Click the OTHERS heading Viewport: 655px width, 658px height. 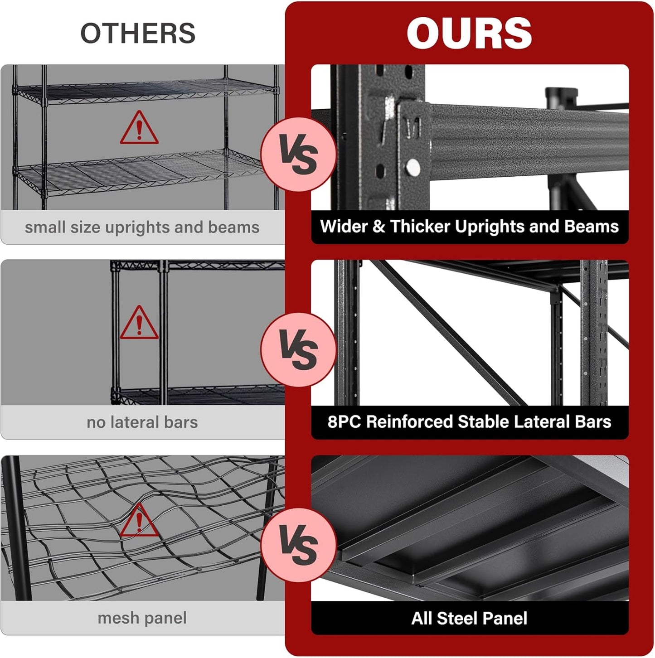coord(138,33)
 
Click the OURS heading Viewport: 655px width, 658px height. coord(469,33)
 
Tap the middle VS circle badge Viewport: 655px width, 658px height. coord(298,349)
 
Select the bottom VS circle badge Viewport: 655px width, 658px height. coord(298,545)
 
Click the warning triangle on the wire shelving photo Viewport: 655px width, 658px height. coord(139,129)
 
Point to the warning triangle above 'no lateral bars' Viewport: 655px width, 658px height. coord(139,324)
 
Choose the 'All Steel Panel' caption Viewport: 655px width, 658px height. coord(469,618)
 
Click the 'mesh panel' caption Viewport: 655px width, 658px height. coord(142,618)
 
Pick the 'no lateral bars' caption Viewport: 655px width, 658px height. coord(142,422)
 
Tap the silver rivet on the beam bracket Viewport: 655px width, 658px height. coord(413,167)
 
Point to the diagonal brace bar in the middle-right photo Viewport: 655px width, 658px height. coord(449,335)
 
